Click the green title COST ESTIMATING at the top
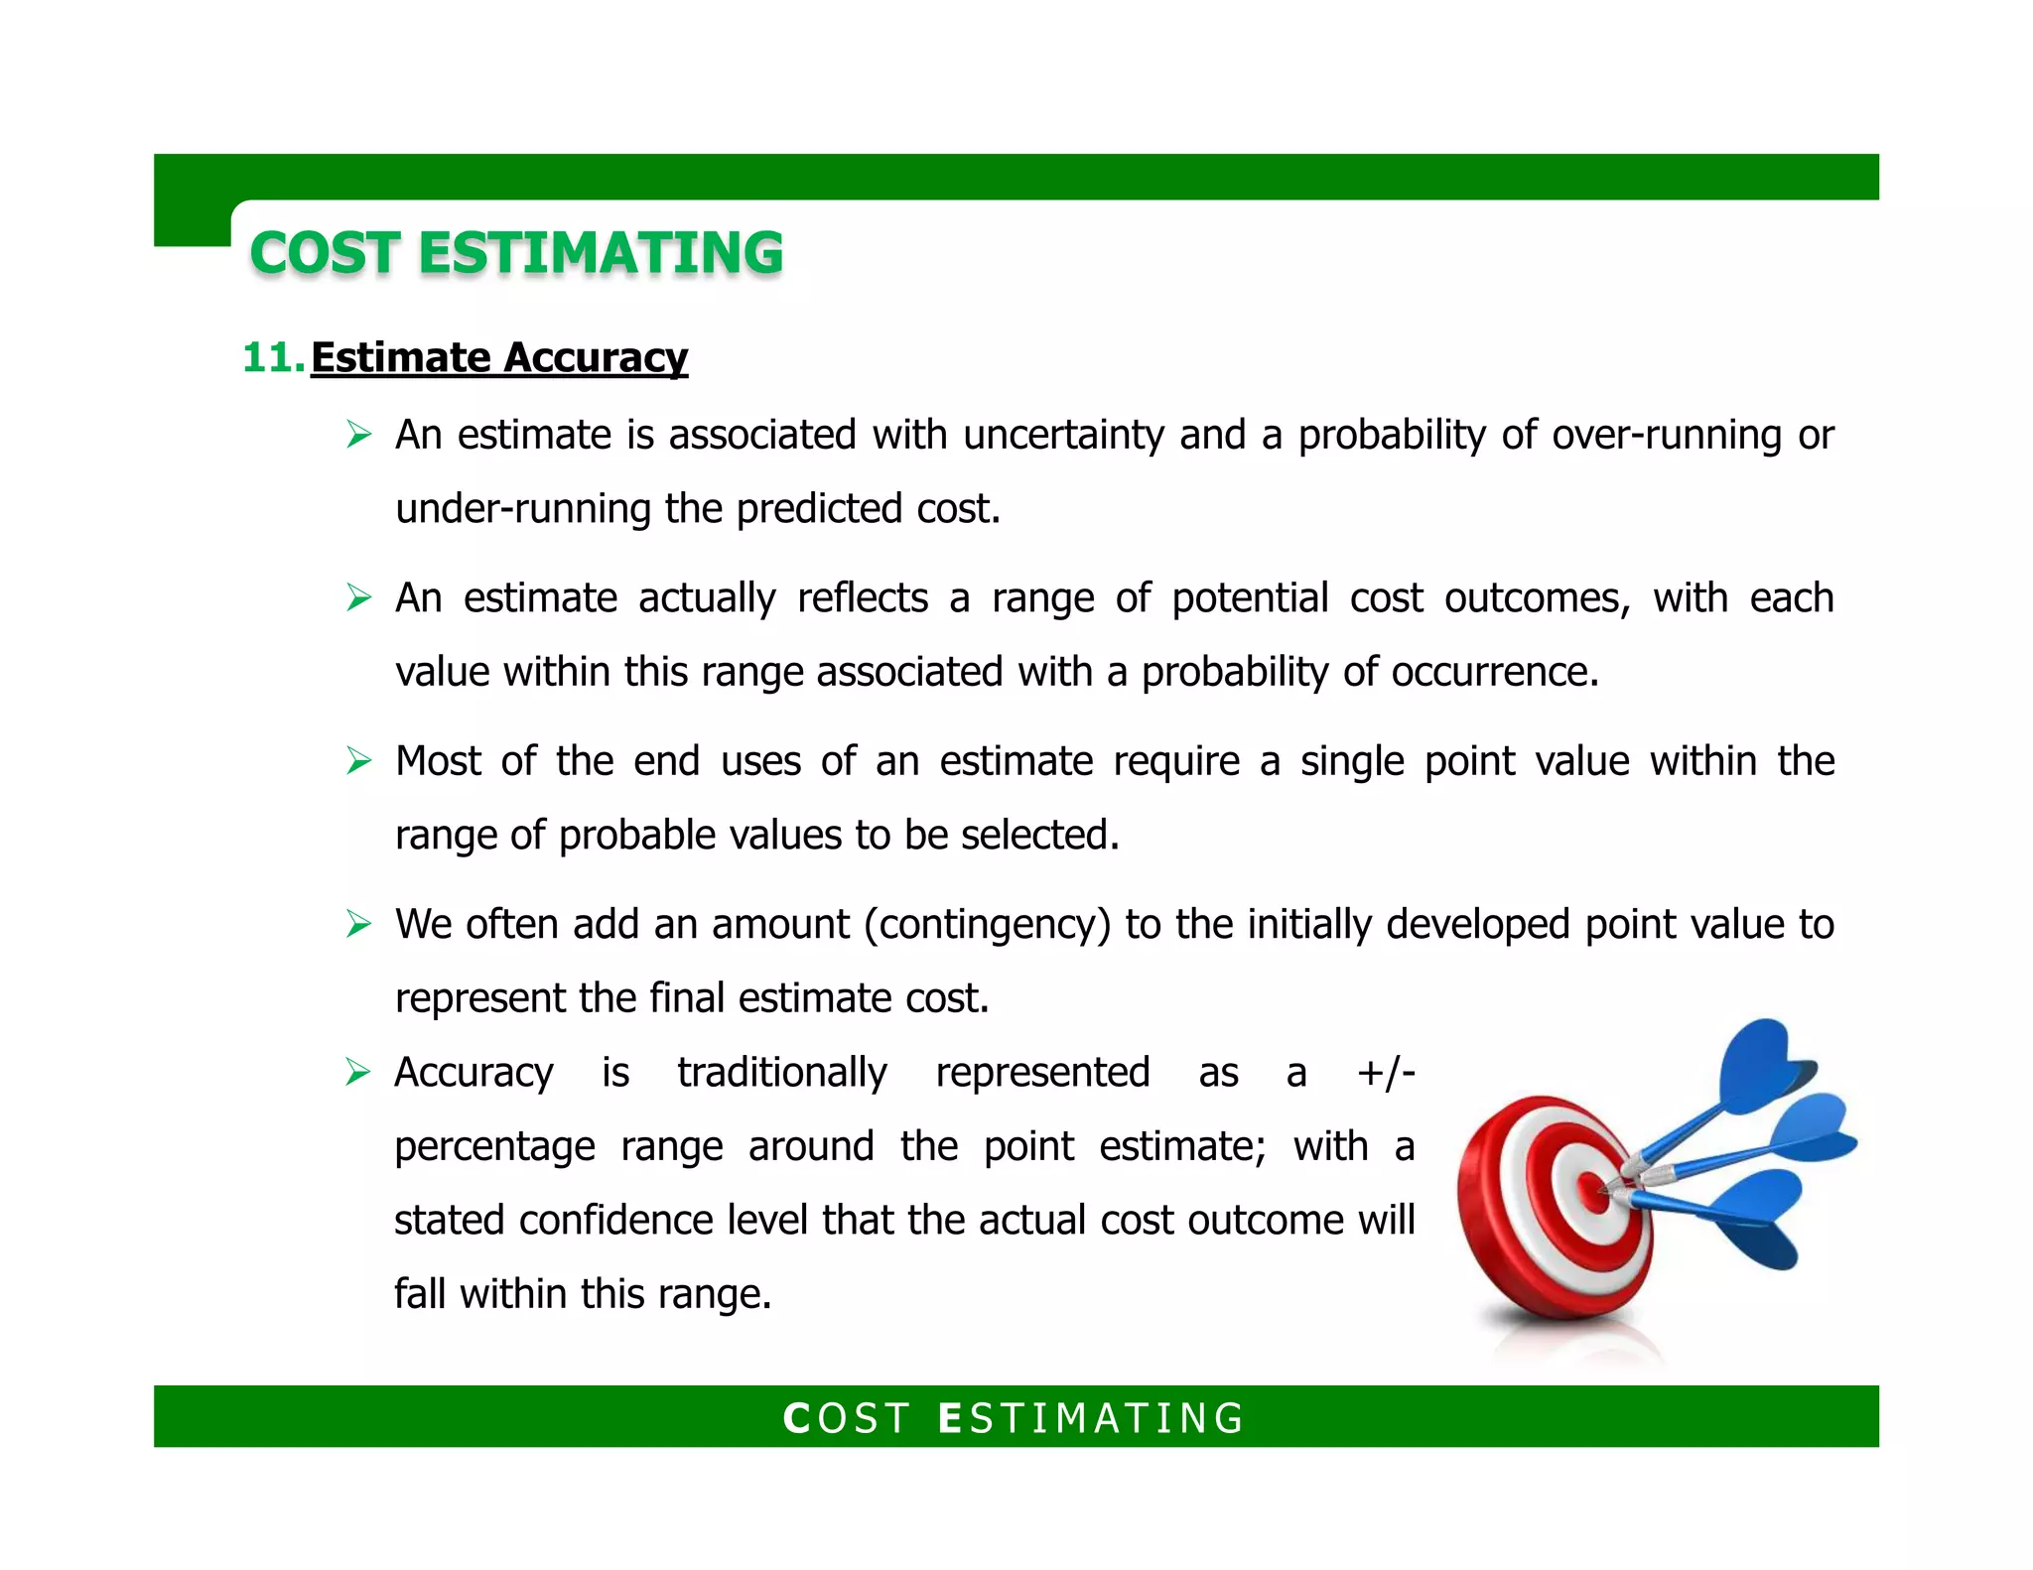pyautogui.click(x=516, y=253)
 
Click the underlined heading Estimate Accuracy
pyautogui.click(x=498, y=357)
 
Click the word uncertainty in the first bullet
pyautogui.click(x=1063, y=436)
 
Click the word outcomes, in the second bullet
pyautogui.click(x=1537, y=598)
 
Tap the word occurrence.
pyautogui.click(x=1494, y=673)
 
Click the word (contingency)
pyautogui.click(x=988, y=925)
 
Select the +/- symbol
pyautogui.click(x=1386, y=1073)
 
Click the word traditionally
pyautogui.click(x=782, y=1073)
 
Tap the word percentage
pyautogui.click(x=494, y=1147)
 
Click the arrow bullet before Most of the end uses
pyautogui.click(x=358, y=761)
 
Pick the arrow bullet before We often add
pyautogui.click(x=358, y=925)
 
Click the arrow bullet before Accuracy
pyautogui.click(x=358, y=1073)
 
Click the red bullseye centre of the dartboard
pyautogui.click(x=1593, y=1192)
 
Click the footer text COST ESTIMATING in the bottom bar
pyautogui.click(x=1015, y=1418)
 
